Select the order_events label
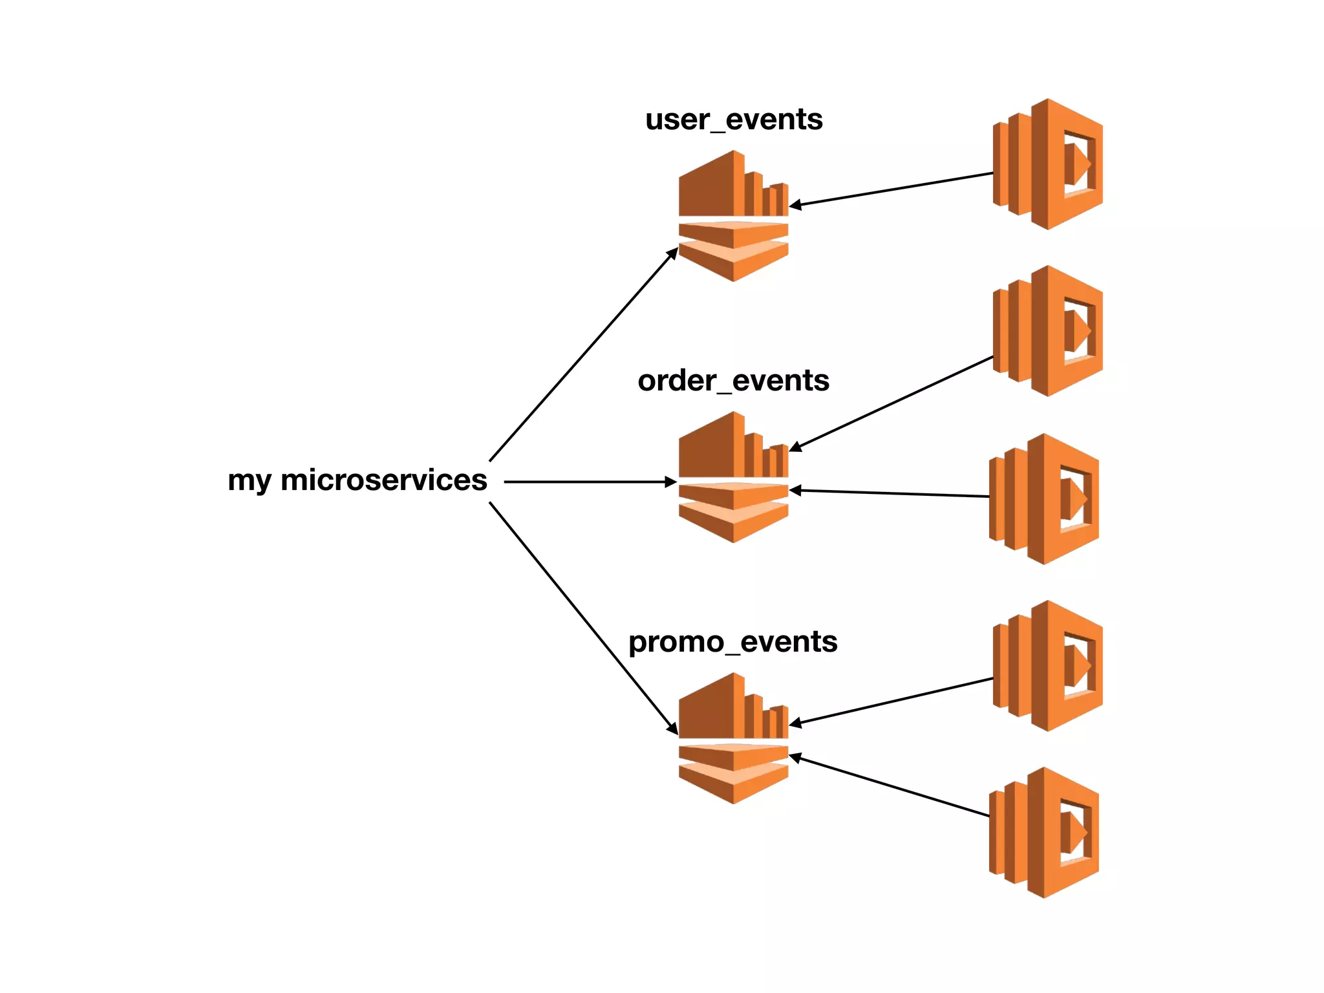(x=733, y=381)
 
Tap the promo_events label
(x=732, y=642)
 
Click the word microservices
(x=383, y=480)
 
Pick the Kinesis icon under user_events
(x=733, y=216)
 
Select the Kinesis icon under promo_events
(x=733, y=738)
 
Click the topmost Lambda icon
(x=1047, y=164)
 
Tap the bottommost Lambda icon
(x=1043, y=833)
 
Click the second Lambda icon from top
(x=1047, y=331)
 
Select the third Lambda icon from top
(x=1043, y=498)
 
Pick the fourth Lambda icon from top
(x=1047, y=666)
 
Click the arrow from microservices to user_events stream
(x=582, y=356)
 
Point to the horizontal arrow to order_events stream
(x=588, y=482)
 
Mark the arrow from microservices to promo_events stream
(x=582, y=617)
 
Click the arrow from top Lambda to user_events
(x=892, y=189)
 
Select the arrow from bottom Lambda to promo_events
(x=892, y=786)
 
